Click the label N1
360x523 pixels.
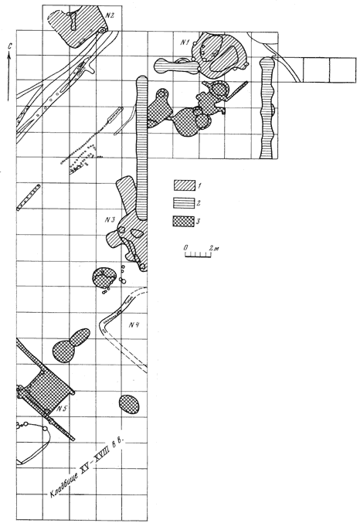185,42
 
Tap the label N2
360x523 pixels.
110,15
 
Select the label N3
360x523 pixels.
110,220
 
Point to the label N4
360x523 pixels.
134,324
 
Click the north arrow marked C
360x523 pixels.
9,73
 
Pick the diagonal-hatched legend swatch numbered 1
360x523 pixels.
184,185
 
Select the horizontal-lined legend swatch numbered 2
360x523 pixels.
184,203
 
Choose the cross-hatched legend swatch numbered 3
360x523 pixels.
184,221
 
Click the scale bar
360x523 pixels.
199,255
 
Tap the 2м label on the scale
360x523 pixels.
214,248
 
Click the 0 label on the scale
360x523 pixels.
185,248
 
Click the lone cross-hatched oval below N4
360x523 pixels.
130,404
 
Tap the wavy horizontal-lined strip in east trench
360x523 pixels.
267,107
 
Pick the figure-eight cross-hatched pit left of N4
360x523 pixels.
71,346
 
